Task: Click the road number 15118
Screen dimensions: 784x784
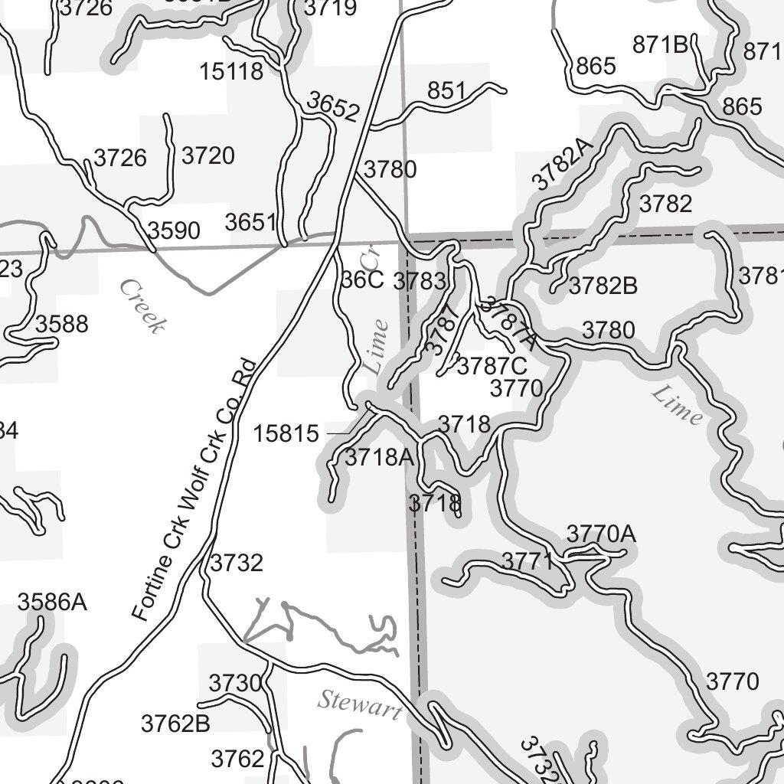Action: [231, 71]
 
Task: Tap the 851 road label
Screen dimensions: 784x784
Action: [446, 91]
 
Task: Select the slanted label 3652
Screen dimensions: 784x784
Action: [333, 106]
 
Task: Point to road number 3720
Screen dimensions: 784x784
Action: [208, 156]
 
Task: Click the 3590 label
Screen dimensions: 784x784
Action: [175, 230]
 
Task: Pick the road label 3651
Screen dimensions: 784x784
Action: [250, 223]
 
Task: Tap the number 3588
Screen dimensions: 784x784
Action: [62, 324]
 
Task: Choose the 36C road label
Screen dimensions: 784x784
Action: [362, 279]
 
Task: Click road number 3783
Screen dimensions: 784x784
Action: [419, 281]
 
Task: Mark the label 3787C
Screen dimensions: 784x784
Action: [492, 367]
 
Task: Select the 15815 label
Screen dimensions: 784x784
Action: [286, 434]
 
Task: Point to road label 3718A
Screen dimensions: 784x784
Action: [379, 458]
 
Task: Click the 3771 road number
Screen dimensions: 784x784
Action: [528, 561]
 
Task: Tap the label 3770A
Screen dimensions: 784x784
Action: [601, 534]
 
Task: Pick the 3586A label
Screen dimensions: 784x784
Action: [52, 603]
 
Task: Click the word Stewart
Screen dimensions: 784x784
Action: [360, 704]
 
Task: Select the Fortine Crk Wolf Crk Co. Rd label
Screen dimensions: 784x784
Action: [192, 490]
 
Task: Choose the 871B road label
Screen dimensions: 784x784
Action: [661, 45]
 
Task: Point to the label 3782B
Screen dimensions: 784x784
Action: [603, 286]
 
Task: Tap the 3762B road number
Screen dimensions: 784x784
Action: [175, 723]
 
